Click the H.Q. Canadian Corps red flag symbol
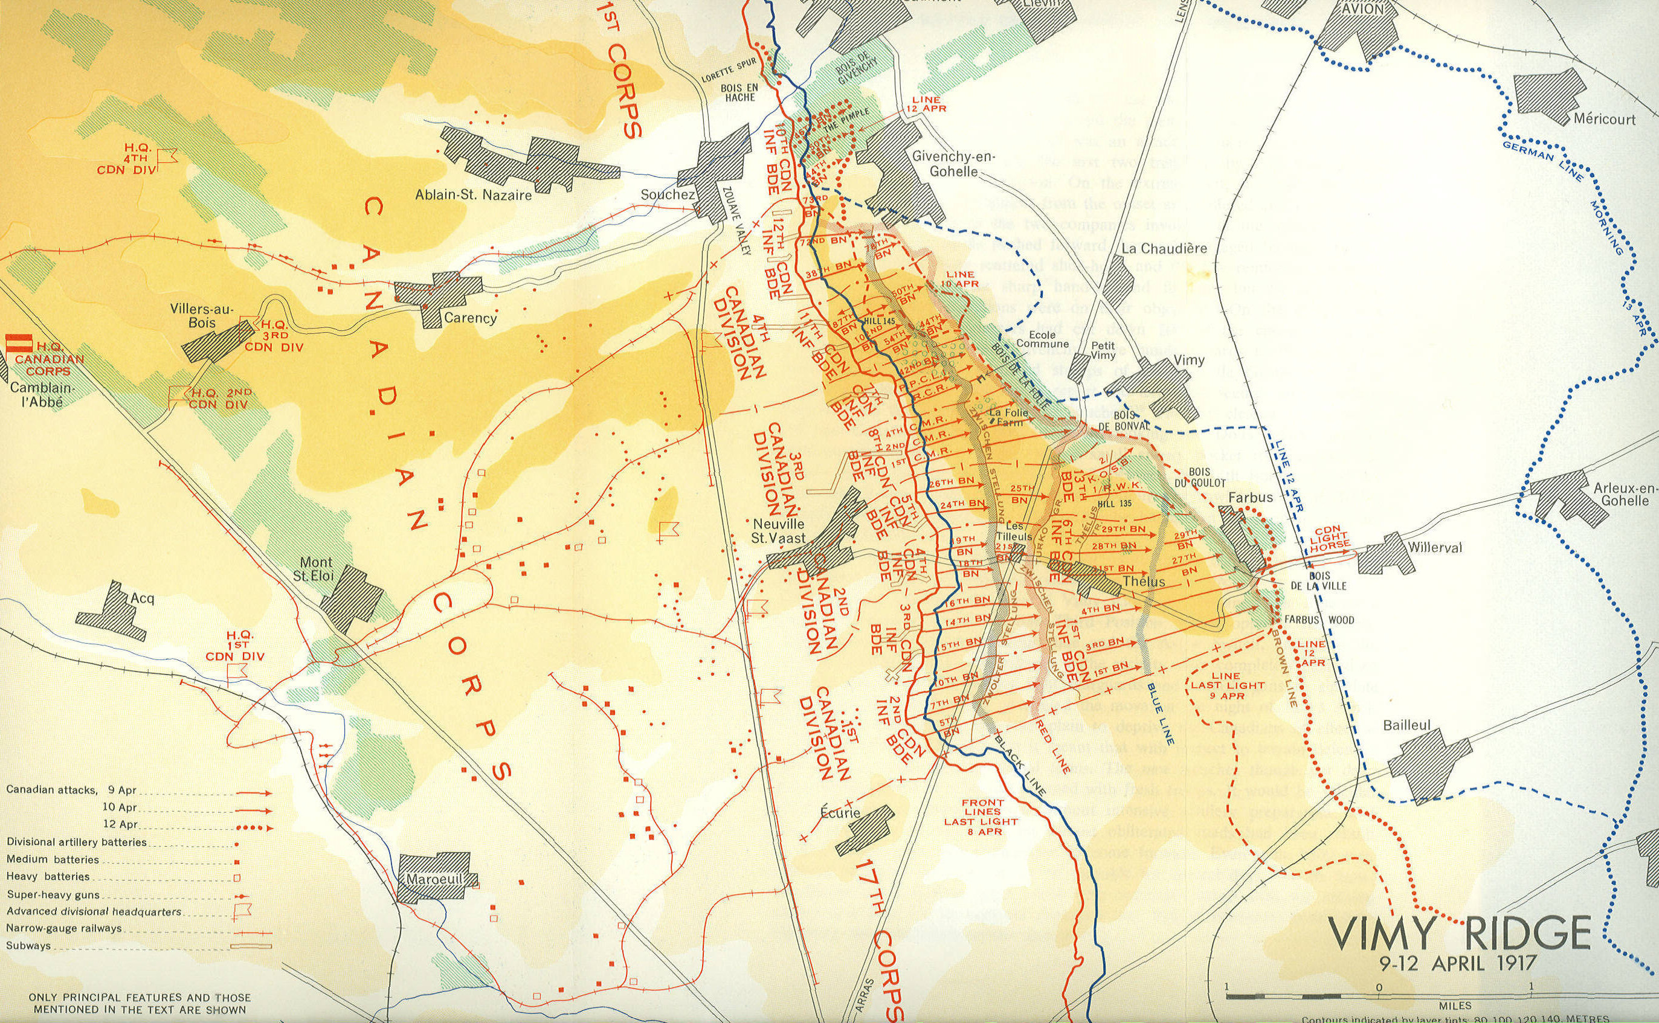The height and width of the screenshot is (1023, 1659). coord(12,343)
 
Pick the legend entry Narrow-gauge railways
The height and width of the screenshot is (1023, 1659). coord(64,928)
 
